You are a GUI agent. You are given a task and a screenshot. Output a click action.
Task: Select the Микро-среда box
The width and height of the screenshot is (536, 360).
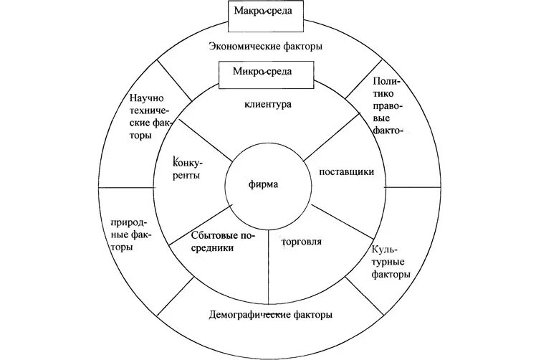coord(266,72)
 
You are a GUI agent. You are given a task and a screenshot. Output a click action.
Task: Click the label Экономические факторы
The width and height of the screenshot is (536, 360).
coord(265,47)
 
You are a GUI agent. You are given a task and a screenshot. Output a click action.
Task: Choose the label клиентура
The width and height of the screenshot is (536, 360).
coord(267,104)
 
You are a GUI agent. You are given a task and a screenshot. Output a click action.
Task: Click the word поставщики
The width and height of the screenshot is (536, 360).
coord(342,172)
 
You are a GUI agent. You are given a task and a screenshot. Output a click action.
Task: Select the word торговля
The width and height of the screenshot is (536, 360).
coord(302,241)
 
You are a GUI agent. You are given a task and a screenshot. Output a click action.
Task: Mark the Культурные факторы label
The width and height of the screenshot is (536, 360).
coord(391,262)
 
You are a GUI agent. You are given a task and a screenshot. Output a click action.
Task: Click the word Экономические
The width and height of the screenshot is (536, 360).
coord(240,47)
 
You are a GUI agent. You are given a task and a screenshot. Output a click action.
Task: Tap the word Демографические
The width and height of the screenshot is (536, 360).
coord(248,316)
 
